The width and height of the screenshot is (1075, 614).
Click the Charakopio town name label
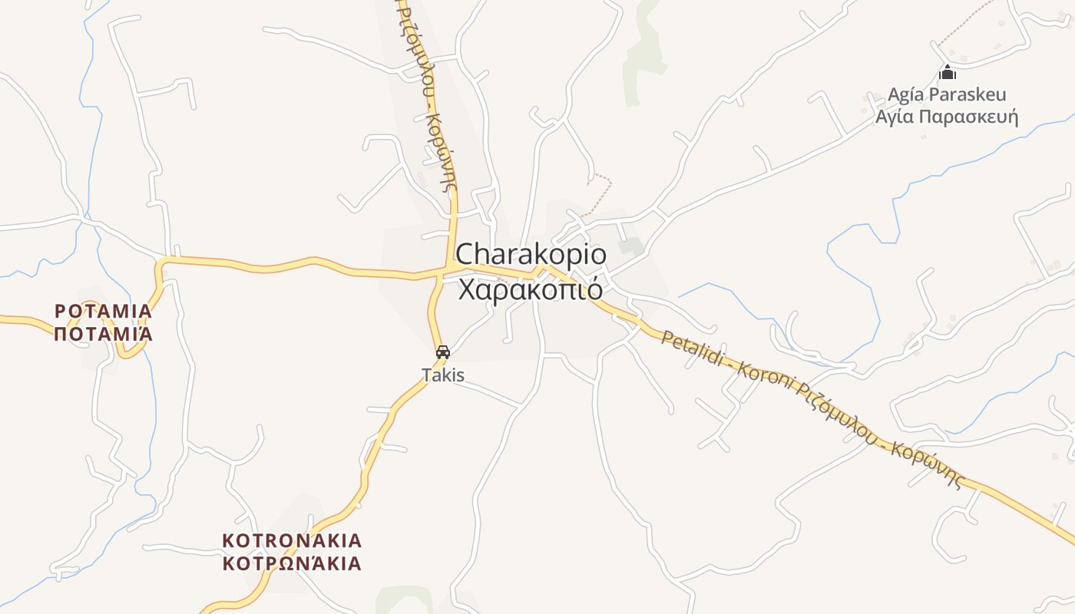(x=531, y=254)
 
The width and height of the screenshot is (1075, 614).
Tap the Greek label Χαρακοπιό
(x=530, y=291)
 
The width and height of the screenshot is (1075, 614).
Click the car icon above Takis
(x=442, y=352)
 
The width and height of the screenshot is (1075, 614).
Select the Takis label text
(x=443, y=375)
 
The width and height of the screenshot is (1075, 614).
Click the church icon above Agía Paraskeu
(x=948, y=73)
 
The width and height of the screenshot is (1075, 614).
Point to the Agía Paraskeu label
(x=947, y=94)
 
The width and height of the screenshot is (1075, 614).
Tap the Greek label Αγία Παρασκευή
(x=947, y=117)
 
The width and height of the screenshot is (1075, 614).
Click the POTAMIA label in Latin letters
(x=103, y=312)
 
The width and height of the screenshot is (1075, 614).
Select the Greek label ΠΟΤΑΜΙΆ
(x=103, y=334)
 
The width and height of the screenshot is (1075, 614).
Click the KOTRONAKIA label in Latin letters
(x=292, y=540)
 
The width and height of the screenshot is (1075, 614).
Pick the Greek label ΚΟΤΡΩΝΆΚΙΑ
(x=292, y=563)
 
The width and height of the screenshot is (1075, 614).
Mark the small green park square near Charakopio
(x=632, y=246)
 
